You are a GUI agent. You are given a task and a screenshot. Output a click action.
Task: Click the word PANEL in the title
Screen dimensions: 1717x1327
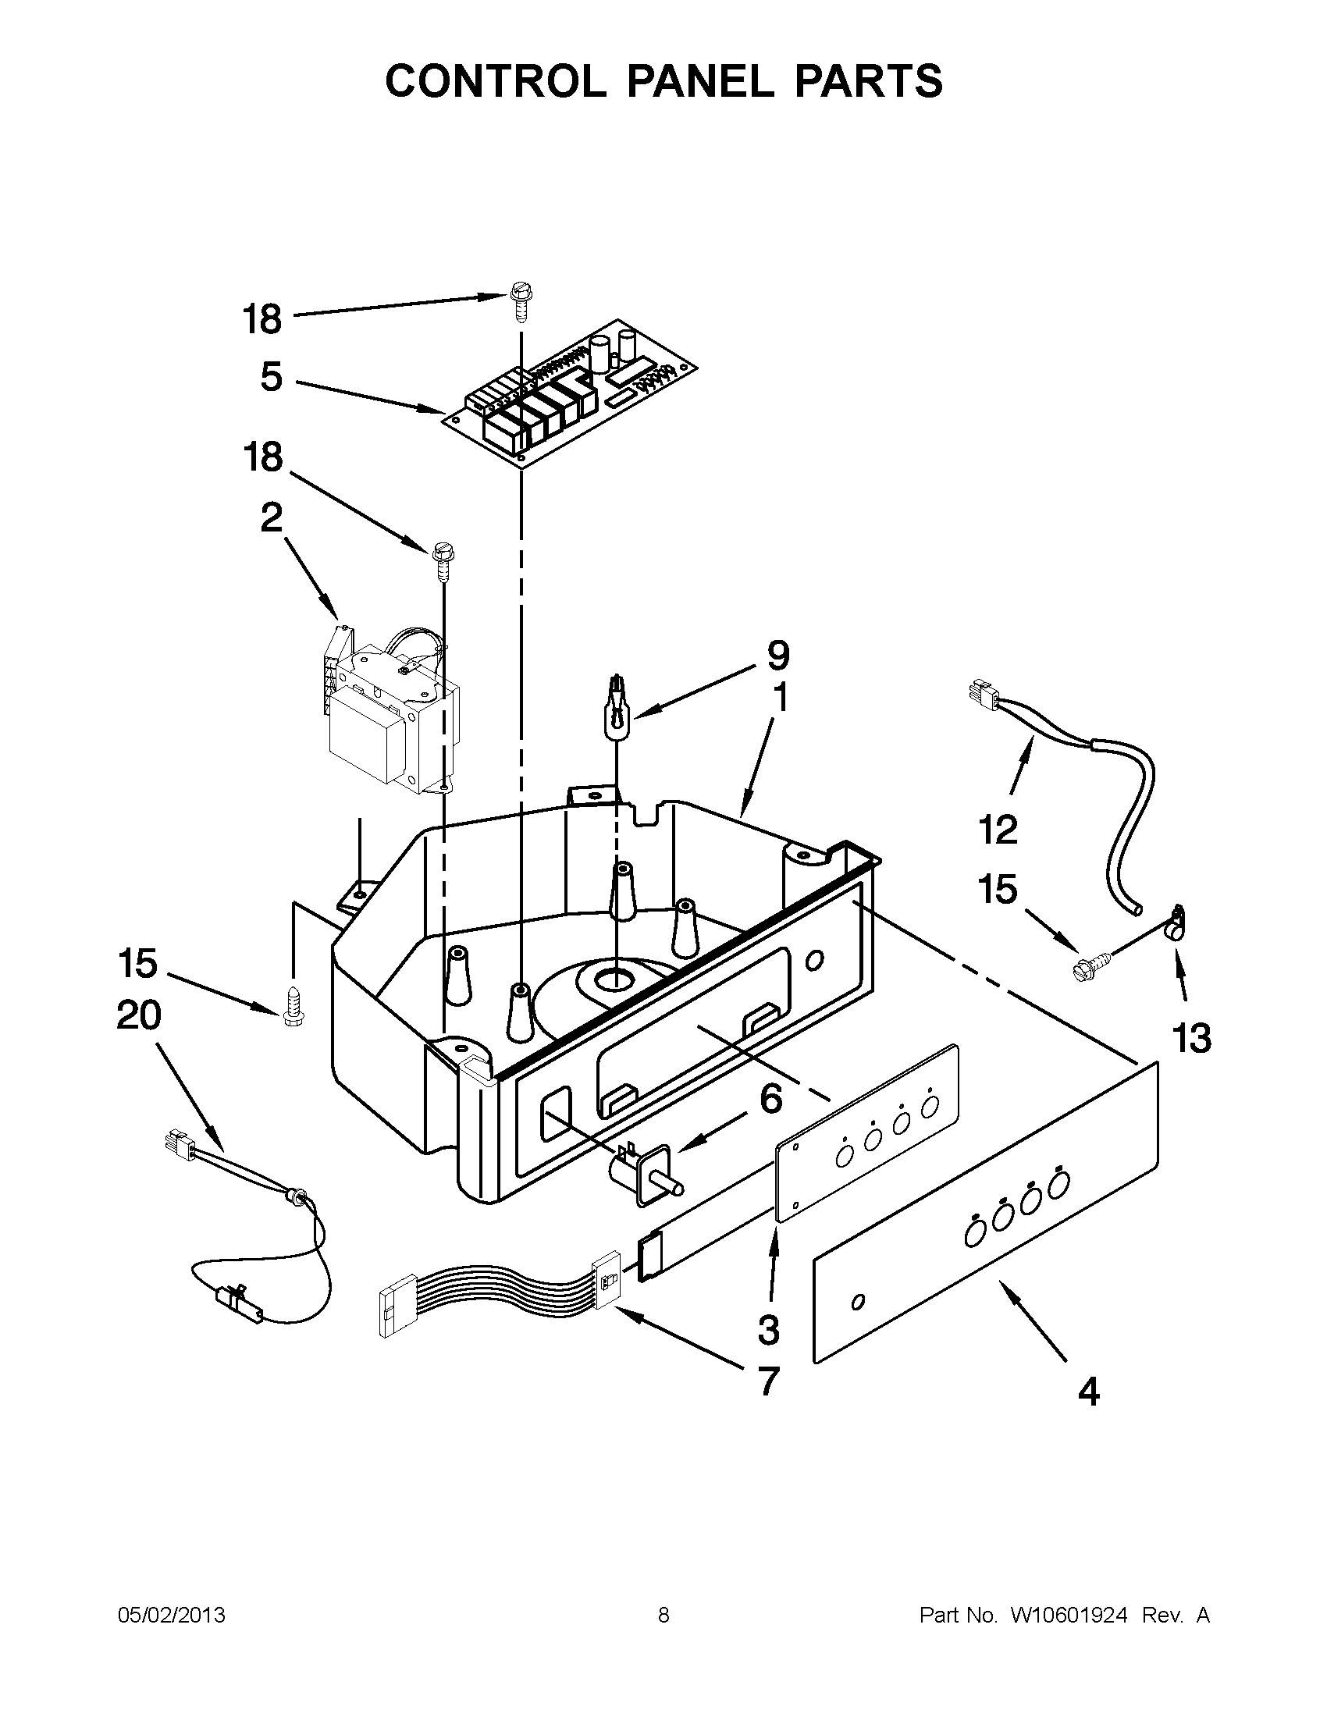coord(699,80)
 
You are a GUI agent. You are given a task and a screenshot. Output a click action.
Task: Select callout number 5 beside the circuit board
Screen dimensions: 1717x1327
coord(271,378)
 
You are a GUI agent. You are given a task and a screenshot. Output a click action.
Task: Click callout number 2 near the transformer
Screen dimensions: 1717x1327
coord(271,518)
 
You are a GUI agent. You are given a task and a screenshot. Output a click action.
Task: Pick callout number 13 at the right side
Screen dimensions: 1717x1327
coord(1192,1040)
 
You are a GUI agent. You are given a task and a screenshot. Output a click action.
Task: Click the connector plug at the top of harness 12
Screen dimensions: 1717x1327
coord(980,695)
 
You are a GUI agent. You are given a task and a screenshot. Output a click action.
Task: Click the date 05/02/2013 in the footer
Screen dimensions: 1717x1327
coord(172,1616)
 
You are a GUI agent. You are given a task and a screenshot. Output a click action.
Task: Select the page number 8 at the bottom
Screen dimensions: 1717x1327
coord(663,1616)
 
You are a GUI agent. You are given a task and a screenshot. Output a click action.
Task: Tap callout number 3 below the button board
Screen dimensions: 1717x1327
coord(768,1329)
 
